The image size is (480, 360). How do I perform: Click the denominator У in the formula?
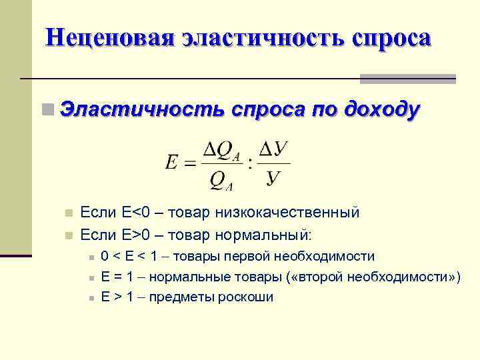(273, 178)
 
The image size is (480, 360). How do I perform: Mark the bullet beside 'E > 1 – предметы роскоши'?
(89, 297)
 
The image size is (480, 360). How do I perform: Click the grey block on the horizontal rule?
(408, 79)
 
